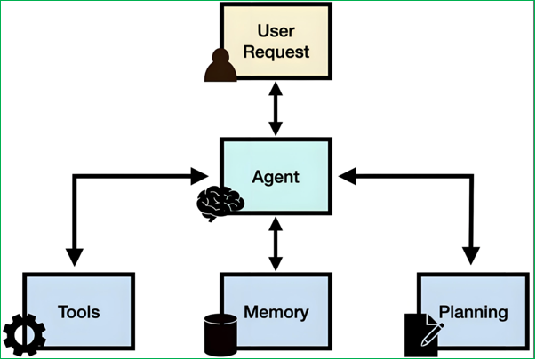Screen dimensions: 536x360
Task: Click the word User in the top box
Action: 276,31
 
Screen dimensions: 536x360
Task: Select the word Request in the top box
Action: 276,52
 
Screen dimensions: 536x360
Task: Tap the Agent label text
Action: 276,177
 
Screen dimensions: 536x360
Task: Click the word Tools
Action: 78,312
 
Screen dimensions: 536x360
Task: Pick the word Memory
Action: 276,313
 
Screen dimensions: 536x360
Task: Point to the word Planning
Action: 473,313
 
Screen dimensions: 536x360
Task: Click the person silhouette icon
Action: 220,65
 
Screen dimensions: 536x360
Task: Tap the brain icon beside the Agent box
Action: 220,204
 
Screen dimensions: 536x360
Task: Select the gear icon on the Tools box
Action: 24,335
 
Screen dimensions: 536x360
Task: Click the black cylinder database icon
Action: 220,335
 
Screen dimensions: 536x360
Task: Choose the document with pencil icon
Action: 424,335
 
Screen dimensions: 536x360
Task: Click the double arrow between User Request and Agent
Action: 276,108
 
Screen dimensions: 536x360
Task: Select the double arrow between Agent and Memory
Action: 276,244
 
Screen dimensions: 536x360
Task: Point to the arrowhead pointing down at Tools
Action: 74,257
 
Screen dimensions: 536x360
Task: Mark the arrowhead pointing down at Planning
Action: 471,256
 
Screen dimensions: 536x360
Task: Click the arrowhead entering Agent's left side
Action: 200,176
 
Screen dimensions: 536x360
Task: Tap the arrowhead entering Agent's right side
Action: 348,176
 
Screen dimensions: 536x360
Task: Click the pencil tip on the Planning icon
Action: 423,343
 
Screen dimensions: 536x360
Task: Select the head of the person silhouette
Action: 220,56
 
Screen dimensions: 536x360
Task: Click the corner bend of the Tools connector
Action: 75,176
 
